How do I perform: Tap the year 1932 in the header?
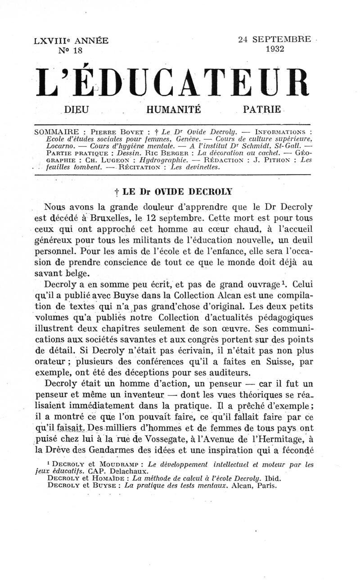pyautogui.click(x=274, y=49)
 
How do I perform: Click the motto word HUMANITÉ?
pyautogui.click(x=173, y=109)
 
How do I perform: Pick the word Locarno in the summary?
pyautogui.click(x=47, y=146)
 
